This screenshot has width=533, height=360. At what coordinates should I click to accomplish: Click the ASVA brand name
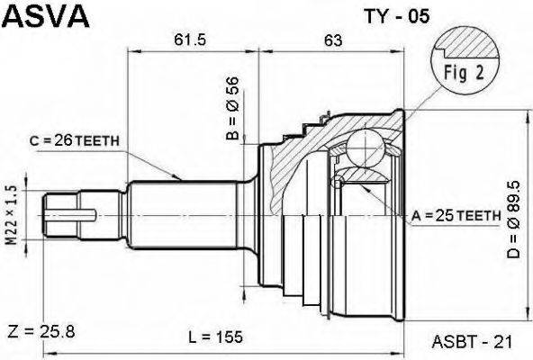point(48,15)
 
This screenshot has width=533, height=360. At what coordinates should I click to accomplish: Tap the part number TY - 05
point(397,16)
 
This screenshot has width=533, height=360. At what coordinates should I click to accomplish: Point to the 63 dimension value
point(333,40)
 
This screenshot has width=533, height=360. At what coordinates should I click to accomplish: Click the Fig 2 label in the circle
point(464,72)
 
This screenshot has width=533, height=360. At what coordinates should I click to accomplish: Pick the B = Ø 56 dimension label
point(233,108)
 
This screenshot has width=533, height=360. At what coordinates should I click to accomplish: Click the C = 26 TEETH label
point(75,140)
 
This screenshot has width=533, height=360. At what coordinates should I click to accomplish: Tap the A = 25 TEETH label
point(456,215)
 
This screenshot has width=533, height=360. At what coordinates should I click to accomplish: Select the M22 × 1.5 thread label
point(13,215)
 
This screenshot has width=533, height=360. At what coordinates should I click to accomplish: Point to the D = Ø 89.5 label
point(513,220)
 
